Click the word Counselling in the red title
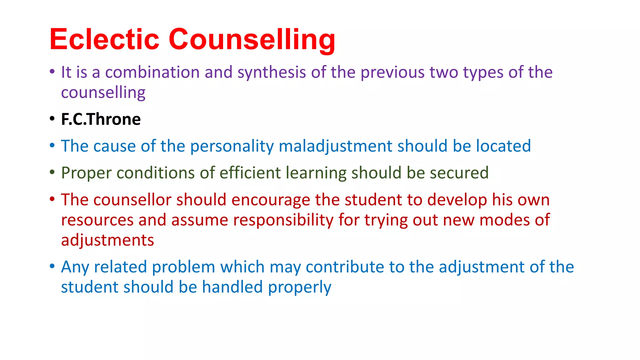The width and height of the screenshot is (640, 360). point(252,40)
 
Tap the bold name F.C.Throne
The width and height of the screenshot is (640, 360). point(101,119)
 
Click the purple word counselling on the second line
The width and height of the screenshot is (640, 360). point(103,93)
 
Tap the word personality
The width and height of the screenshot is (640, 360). point(232,146)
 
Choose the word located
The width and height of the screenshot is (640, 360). point(503,146)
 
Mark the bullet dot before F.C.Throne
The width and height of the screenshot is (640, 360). point(52,119)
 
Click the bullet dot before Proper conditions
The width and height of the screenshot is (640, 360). point(52,172)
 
